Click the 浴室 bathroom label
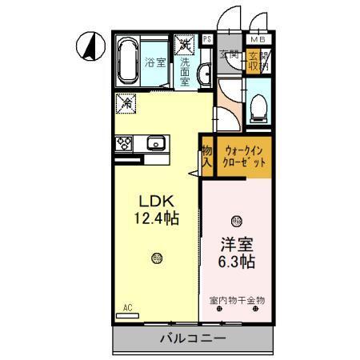tap(155, 62)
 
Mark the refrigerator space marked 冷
tap(126, 102)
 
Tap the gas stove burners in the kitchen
tap(124, 144)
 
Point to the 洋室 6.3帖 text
tap(236, 254)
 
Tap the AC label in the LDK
tap(128, 307)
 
